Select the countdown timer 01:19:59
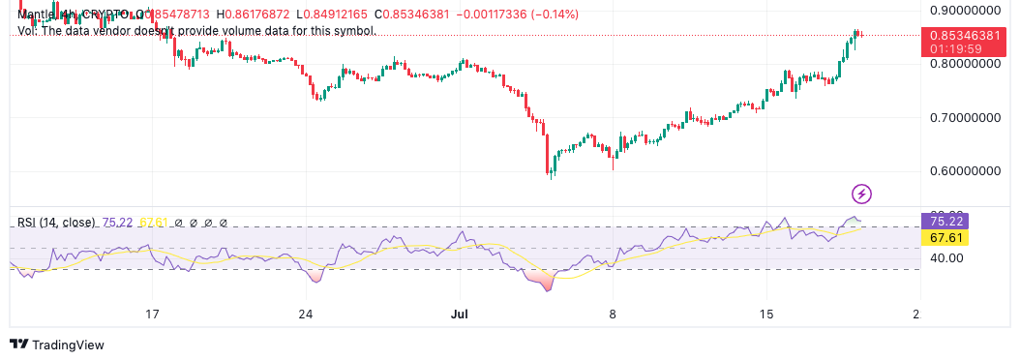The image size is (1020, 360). (x=957, y=47)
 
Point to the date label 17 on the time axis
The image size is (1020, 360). (x=152, y=315)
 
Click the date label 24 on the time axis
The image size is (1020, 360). (x=306, y=315)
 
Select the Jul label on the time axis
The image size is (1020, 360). (x=460, y=315)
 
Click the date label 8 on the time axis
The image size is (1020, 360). (x=613, y=315)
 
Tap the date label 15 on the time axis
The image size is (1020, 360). (x=766, y=315)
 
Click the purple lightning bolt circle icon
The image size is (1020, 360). (x=861, y=194)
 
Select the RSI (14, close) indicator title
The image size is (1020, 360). (x=56, y=223)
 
